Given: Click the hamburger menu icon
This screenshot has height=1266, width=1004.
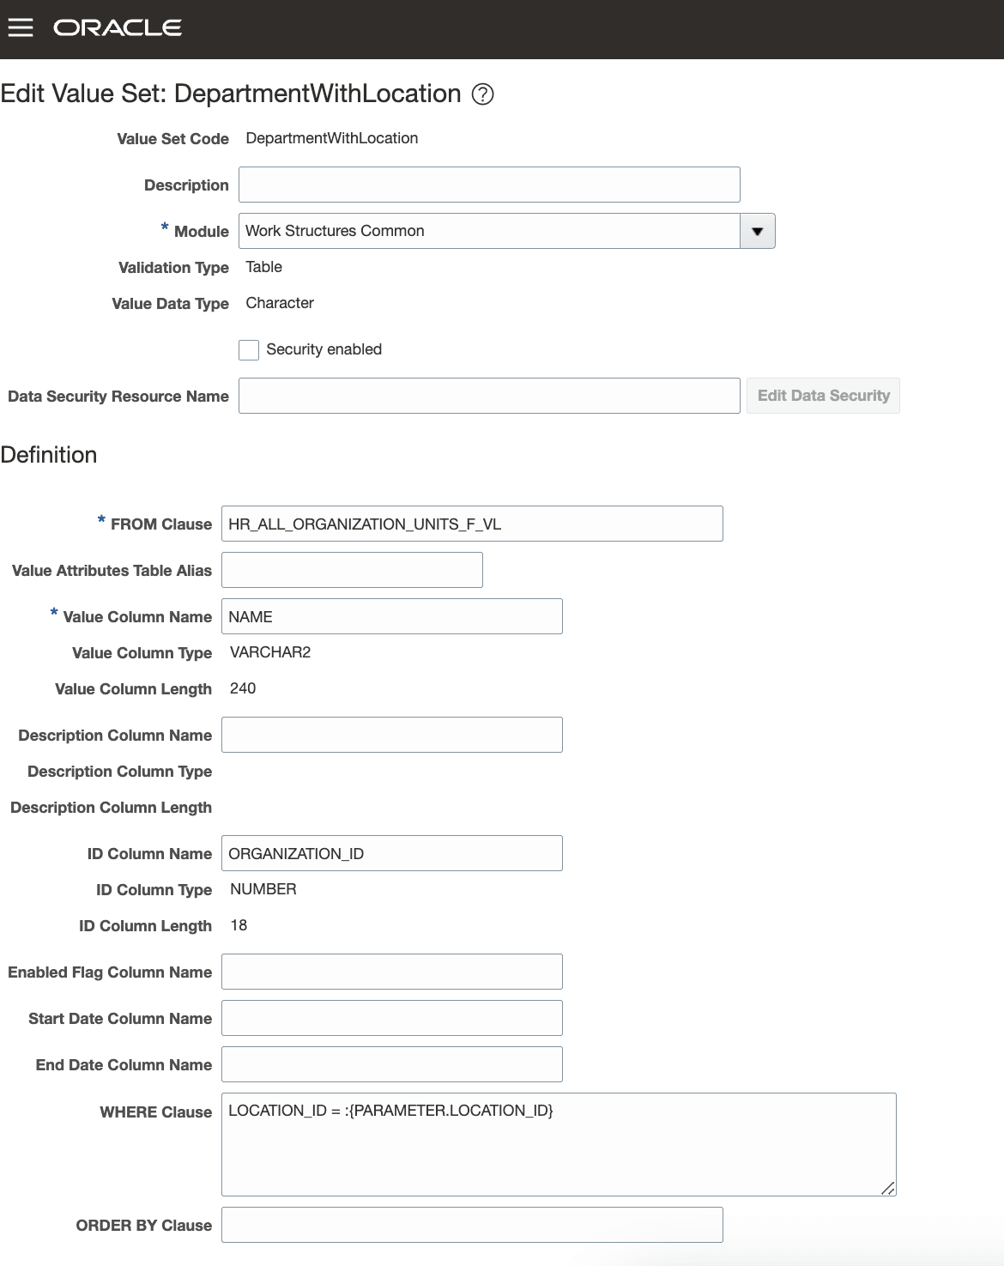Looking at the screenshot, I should coord(21,28).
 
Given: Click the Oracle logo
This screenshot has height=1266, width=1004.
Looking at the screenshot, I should coord(118,28).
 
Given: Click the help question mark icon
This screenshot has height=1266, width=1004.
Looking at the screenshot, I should coord(483,94).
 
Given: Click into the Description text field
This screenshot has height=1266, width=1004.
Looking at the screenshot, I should coord(489,185).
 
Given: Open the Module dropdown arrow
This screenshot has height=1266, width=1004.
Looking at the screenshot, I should coord(757,231).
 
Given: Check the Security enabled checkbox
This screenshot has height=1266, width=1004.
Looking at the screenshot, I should coord(249,350).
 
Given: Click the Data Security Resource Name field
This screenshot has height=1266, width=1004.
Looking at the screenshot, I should coord(489,396).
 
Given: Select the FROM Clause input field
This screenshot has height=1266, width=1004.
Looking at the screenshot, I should coord(472,524).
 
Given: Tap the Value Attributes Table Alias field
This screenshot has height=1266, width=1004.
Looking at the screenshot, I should coord(352,570).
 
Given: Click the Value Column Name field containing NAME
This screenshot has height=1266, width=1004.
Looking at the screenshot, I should coord(391,616).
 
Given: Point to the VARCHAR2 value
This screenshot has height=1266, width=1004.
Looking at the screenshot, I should coord(270,652).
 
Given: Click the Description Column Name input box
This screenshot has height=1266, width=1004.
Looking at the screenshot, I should coord(391,735).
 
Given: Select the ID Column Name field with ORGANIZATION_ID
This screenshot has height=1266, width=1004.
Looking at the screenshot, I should coord(391,853).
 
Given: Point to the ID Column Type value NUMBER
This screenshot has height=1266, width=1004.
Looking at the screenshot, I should coord(263,889).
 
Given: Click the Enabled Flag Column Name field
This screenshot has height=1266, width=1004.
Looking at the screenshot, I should coord(391,972).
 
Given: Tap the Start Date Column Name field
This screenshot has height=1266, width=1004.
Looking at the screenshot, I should coord(391,1018).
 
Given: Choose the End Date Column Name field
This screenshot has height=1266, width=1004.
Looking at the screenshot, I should coord(391,1064).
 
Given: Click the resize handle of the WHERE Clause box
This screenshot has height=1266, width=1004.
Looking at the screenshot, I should coord(888,1188).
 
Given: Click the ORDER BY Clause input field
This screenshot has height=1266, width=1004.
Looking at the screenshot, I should coord(472,1225).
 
